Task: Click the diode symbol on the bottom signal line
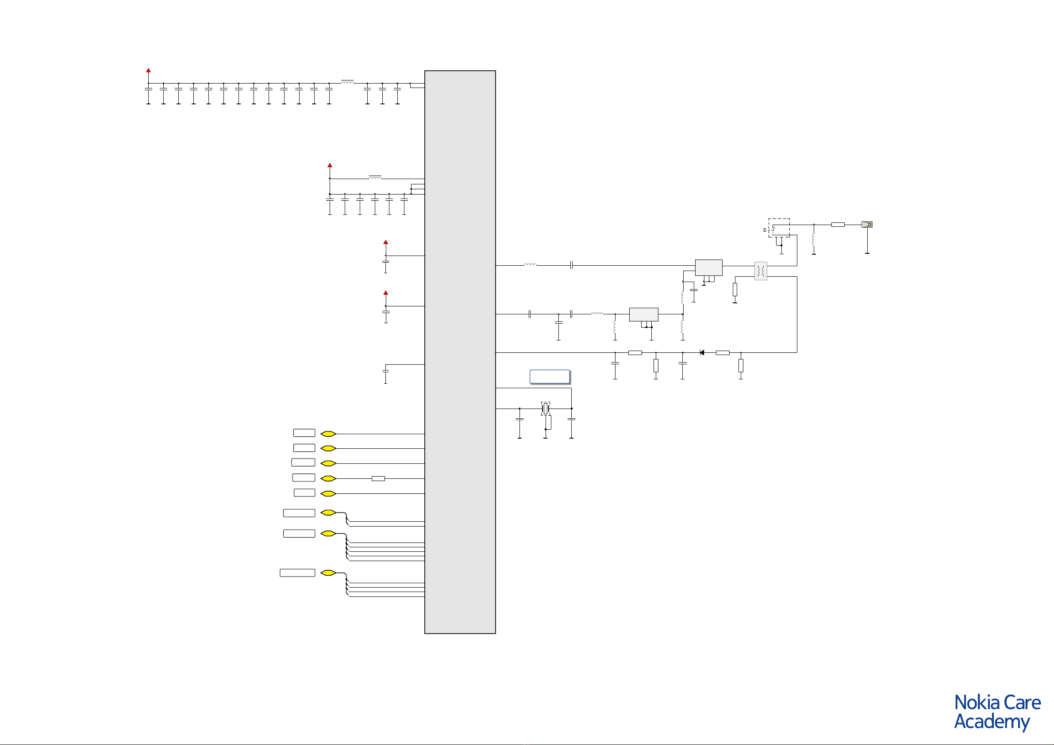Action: (x=702, y=352)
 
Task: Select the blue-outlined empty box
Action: (x=550, y=376)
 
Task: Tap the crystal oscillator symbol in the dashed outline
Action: (x=545, y=408)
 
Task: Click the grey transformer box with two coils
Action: (x=761, y=271)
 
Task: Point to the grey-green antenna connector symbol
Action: (x=867, y=224)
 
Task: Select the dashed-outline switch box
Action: (x=779, y=228)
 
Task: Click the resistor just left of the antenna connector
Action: (x=838, y=224)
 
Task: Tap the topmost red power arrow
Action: (x=148, y=70)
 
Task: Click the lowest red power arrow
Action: (x=385, y=292)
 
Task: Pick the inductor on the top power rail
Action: (x=347, y=82)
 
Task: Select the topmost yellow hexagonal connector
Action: (x=328, y=433)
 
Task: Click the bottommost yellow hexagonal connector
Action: (x=328, y=573)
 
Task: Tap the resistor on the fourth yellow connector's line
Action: (x=378, y=478)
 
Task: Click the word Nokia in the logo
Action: (x=977, y=703)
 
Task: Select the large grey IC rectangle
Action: (x=460, y=352)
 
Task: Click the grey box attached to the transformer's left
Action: (x=709, y=267)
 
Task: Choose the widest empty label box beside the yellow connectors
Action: (x=297, y=573)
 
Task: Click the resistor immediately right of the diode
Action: (x=723, y=352)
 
